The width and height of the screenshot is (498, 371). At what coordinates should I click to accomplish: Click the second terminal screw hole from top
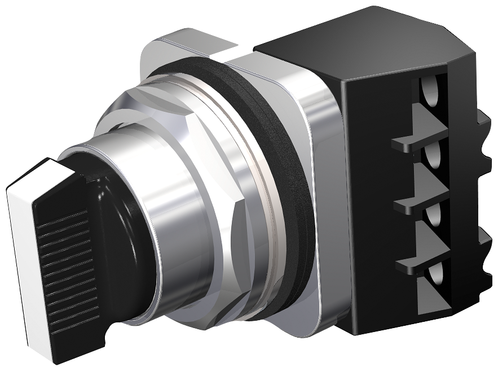[x=434, y=156]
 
